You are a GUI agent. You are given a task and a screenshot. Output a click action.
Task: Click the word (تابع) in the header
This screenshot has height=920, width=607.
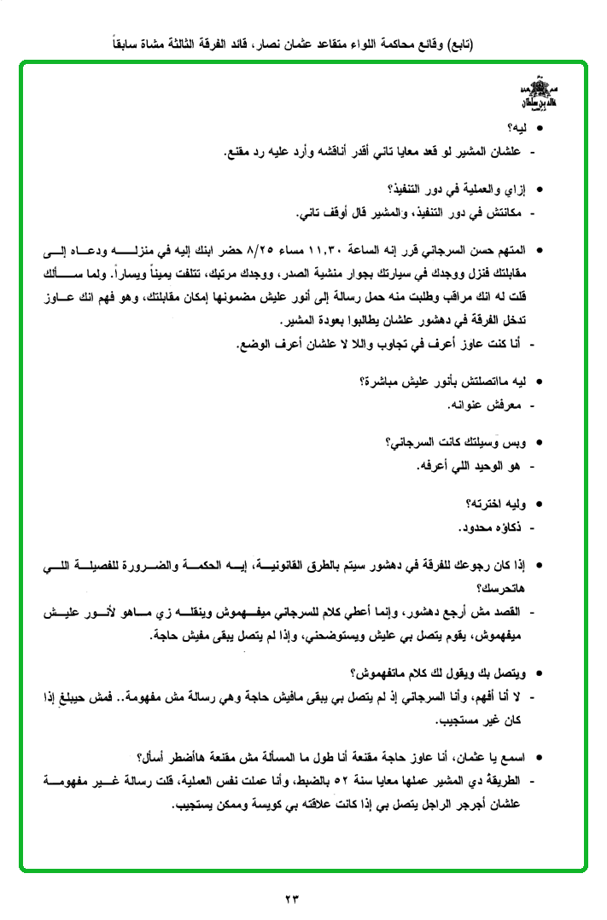click(x=455, y=44)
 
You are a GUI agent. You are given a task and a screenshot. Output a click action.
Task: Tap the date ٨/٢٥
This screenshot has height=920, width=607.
click(x=260, y=253)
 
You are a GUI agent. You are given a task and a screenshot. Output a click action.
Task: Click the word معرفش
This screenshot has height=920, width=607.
click(x=498, y=404)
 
